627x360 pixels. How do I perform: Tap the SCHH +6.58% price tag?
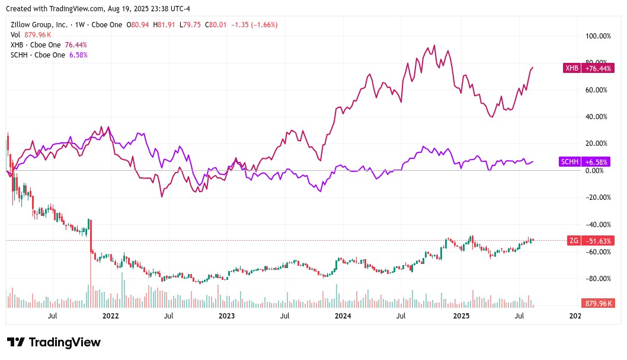(588, 162)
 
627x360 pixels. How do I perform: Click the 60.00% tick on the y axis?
(598, 90)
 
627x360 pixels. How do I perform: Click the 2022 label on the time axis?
(111, 316)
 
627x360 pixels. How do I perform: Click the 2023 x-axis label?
(227, 316)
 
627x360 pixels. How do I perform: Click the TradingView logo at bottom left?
(53, 342)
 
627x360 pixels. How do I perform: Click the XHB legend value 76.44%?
(76, 45)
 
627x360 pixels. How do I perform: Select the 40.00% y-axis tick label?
(598, 117)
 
